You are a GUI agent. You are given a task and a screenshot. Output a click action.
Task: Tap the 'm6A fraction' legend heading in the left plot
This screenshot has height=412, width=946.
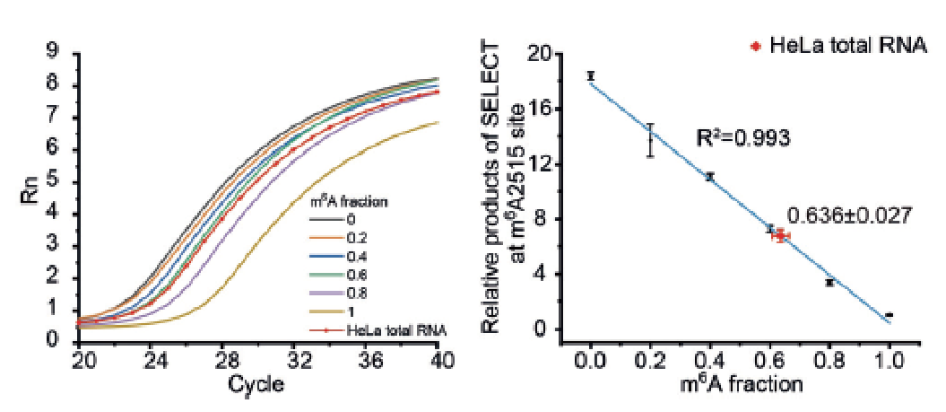(x=351, y=202)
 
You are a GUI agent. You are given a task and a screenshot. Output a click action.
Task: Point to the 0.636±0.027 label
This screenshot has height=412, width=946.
(x=849, y=215)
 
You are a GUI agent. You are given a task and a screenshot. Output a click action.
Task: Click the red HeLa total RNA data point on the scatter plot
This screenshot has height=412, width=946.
(x=781, y=235)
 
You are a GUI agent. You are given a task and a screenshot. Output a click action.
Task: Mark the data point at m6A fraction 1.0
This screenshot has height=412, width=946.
(x=889, y=315)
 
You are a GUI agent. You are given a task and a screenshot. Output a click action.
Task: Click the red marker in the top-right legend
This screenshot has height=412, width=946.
(x=757, y=45)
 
